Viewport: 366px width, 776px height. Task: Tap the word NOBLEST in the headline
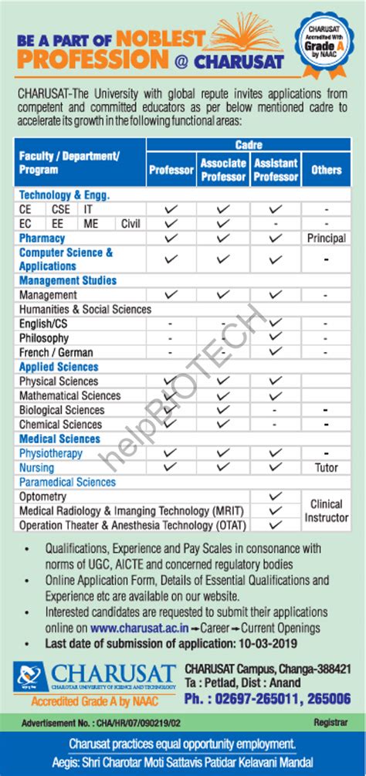pos(163,39)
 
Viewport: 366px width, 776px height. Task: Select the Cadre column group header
pos(249,145)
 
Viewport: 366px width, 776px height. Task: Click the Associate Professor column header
pos(223,169)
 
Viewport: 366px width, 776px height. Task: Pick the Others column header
pos(326,169)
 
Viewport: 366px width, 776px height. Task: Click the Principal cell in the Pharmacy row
pos(326,238)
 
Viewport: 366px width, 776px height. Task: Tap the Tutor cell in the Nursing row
pos(326,467)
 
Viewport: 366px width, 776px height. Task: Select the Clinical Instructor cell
pos(326,510)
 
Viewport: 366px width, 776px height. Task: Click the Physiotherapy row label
pos(50,453)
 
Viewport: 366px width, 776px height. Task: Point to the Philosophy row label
pos(44,338)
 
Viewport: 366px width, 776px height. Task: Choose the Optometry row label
pos(42,496)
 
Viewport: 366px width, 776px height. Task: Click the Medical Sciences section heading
pos(59,439)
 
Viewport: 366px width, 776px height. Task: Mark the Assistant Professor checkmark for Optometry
pos(274,496)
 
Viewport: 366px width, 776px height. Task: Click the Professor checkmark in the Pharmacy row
pos(171,238)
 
